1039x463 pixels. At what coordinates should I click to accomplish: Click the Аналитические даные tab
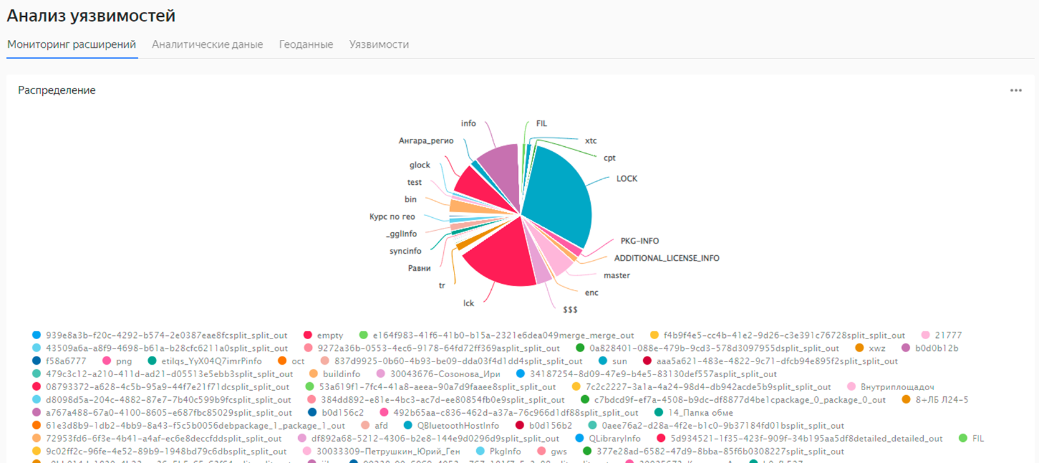pyautogui.click(x=207, y=45)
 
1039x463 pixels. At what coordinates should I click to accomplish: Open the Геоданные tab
pyautogui.click(x=306, y=45)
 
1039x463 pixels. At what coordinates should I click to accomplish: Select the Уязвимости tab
pyautogui.click(x=378, y=45)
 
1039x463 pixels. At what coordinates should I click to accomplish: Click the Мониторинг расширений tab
pyautogui.click(x=72, y=45)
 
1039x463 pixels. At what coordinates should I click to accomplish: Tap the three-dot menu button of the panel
pyautogui.click(x=1015, y=91)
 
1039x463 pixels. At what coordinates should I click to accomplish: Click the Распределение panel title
pyautogui.click(x=57, y=90)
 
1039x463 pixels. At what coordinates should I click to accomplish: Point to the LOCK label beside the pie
pyautogui.click(x=626, y=179)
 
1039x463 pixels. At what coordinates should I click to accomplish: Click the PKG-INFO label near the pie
pyautogui.click(x=639, y=241)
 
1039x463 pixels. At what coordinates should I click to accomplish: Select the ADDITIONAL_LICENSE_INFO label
pyautogui.click(x=666, y=258)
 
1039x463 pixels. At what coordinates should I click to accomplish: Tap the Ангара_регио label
pyautogui.click(x=426, y=141)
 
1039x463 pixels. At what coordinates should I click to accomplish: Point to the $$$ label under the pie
pyautogui.click(x=570, y=310)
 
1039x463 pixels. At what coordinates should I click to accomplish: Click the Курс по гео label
pyautogui.click(x=392, y=217)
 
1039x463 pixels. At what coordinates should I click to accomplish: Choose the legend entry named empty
pyautogui.click(x=329, y=335)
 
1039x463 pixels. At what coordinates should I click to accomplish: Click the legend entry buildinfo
pyautogui.click(x=341, y=374)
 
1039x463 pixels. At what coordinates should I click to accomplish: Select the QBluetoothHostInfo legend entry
pyautogui.click(x=458, y=426)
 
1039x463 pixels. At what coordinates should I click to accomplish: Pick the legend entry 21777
pyautogui.click(x=947, y=335)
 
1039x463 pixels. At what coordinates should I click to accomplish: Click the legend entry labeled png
pyautogui.click(x=123, y=361)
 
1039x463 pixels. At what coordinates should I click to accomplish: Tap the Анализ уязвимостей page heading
pyautogui.click(x=91, y=16)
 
